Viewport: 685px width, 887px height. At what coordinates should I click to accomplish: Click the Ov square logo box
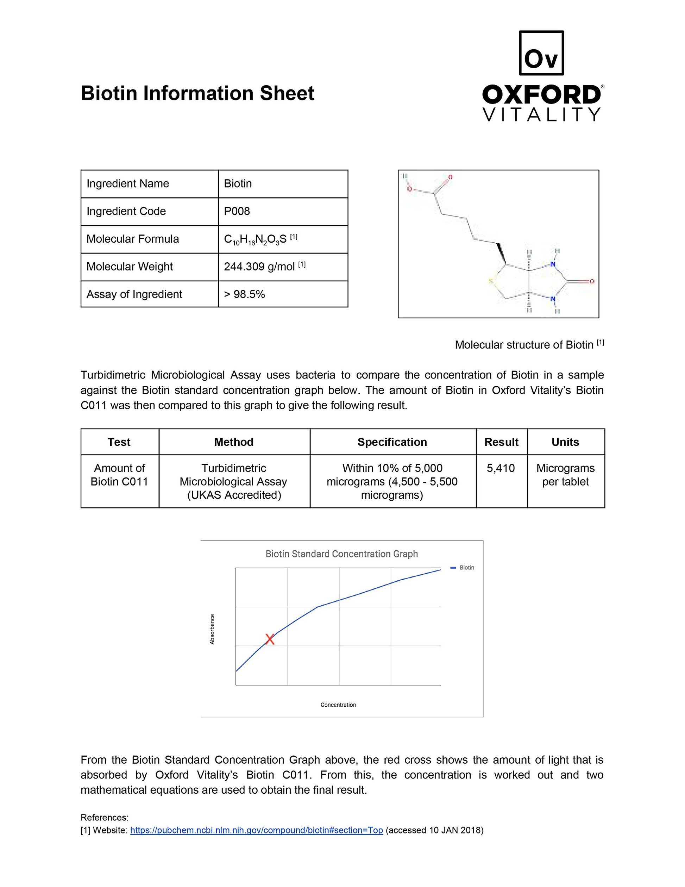pyautogui.click(x=541, y=53)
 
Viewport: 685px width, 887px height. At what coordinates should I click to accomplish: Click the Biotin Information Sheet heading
pyautogui.click(x=197, y=93)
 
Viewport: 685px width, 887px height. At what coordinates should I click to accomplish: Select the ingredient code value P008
pyautogui.click(x=237, y=211)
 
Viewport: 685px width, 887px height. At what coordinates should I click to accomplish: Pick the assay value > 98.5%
pyautogui.click(x=244, y=294)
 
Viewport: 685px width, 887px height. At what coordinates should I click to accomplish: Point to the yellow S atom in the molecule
pyautogui.click(x=491, y=281)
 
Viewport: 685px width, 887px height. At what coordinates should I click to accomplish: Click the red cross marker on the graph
pyautogui.click(x=270, y=639)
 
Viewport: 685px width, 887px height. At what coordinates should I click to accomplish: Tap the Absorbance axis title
pyautogui.click(x=212, y=629)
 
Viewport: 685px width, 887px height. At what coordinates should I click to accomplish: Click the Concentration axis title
pyautogui.click(x=338, y=705)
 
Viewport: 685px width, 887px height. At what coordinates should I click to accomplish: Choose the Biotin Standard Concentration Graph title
pyautogui.click(x=341, y=554)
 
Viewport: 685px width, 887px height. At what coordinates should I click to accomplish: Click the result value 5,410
pyautogui.click(x=501, y=468)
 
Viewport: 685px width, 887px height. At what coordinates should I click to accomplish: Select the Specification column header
pyautogui.click(x=392, y=442)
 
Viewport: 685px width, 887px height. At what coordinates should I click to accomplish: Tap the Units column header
pyautogui.click(x=565, y=442)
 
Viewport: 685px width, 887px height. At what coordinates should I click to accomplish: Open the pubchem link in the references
pyautogui.click(x=256, y=830)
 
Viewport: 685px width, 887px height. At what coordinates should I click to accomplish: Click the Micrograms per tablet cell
pyautogui.click(x=565, y=475)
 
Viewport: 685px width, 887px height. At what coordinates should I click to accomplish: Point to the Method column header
pyautogui.click(x=234, y=442)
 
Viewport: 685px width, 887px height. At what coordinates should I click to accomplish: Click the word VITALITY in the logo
pyautogui.click(x=541, y=114)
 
